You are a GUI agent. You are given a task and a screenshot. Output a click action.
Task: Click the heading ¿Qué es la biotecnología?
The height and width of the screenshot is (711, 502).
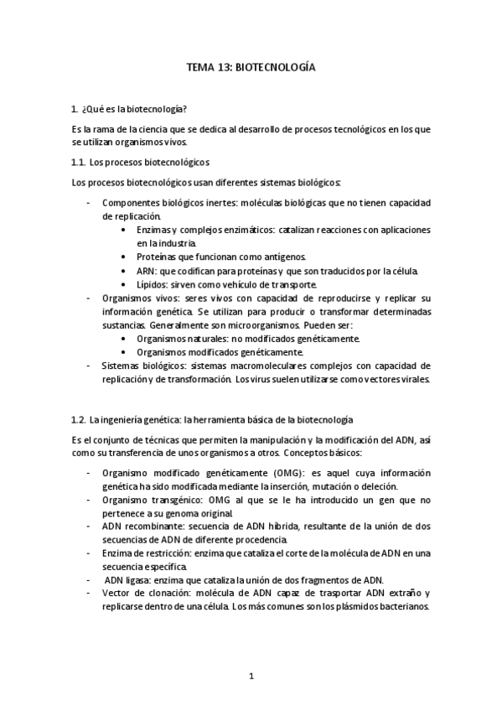pyautogui.click(x=134, y=109)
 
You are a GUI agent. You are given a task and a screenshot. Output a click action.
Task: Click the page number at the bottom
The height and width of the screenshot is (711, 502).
pyautogui.click(x=251, y=675)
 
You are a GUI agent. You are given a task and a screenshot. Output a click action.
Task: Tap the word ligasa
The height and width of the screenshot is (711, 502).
pyautogui.click(x=137, y=580)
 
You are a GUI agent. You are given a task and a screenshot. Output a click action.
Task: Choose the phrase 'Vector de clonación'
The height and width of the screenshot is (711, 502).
pyautogui.click(x=141, y=594)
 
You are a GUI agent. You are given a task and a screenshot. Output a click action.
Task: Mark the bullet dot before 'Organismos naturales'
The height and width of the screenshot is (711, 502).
pyautogui.click(x=124, y=339)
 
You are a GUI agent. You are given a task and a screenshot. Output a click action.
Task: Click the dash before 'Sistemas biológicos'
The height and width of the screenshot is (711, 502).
pyautogui.click(x=89, y=366)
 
